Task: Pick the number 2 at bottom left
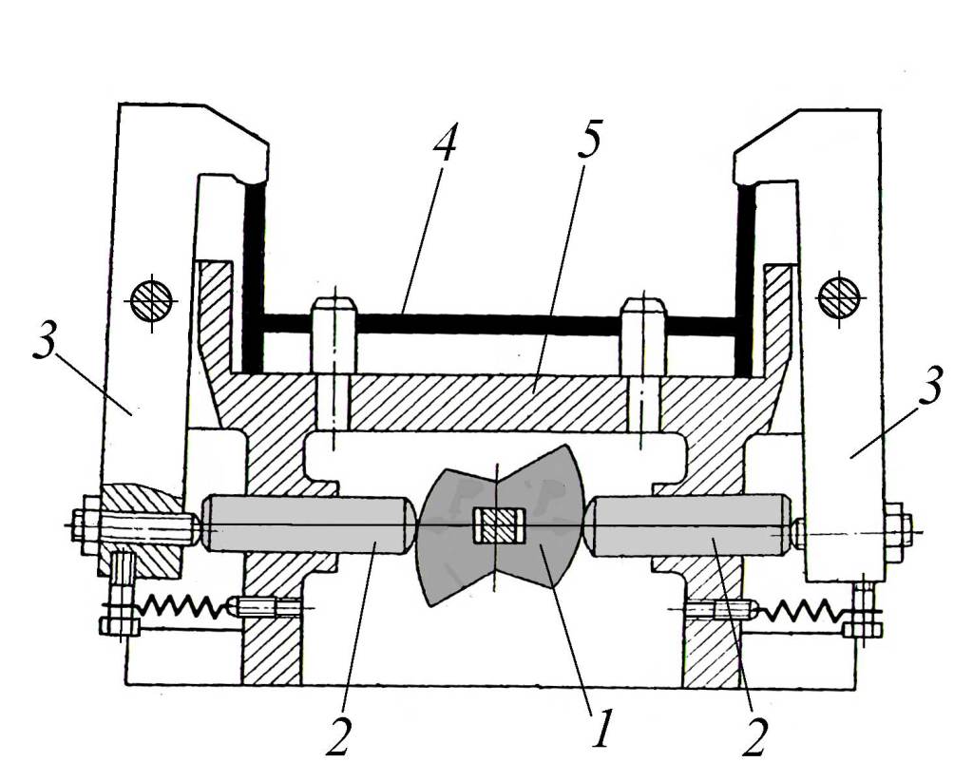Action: tap(340, 733)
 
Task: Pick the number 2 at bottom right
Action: tap(754, 733)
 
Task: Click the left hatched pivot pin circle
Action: tap(151, 300)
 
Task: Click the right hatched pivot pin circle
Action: tap(839, 298)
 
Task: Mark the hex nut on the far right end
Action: tap(897, 527)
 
